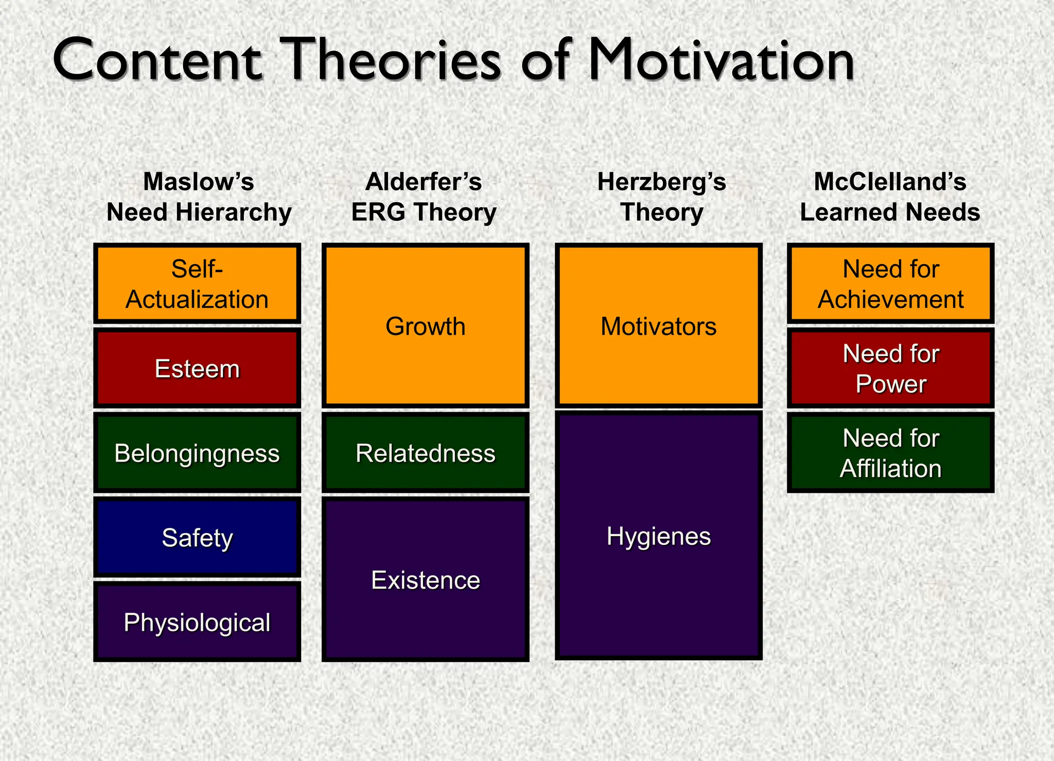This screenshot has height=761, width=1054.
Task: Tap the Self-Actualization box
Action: point(197,284)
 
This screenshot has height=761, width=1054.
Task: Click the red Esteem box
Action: point(197,368)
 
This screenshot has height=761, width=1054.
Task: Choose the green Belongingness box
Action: point(197,453)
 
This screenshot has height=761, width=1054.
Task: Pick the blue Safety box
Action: point(197,538)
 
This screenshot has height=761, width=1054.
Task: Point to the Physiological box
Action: point(197,622)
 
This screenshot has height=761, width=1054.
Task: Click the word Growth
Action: point(426,326)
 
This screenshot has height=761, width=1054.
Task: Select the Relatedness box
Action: point(426,453)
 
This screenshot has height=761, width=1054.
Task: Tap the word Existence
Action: point(426,580)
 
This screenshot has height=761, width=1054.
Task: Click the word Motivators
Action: point(658,326)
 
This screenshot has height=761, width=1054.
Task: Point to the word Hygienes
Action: point(658,536)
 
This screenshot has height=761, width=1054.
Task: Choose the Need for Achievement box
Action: point(890,284)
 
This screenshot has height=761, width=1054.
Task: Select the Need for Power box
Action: point(890,368)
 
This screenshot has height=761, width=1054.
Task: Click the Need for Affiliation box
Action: point(890,453)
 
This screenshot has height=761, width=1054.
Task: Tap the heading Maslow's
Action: point(199,182)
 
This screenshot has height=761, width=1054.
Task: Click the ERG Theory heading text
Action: point(424,212)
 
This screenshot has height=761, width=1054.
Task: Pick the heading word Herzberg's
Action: point(661,182)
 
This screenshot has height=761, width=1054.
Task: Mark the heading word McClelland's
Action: point(890,182)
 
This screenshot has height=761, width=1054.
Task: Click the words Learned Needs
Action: point(890,212)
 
